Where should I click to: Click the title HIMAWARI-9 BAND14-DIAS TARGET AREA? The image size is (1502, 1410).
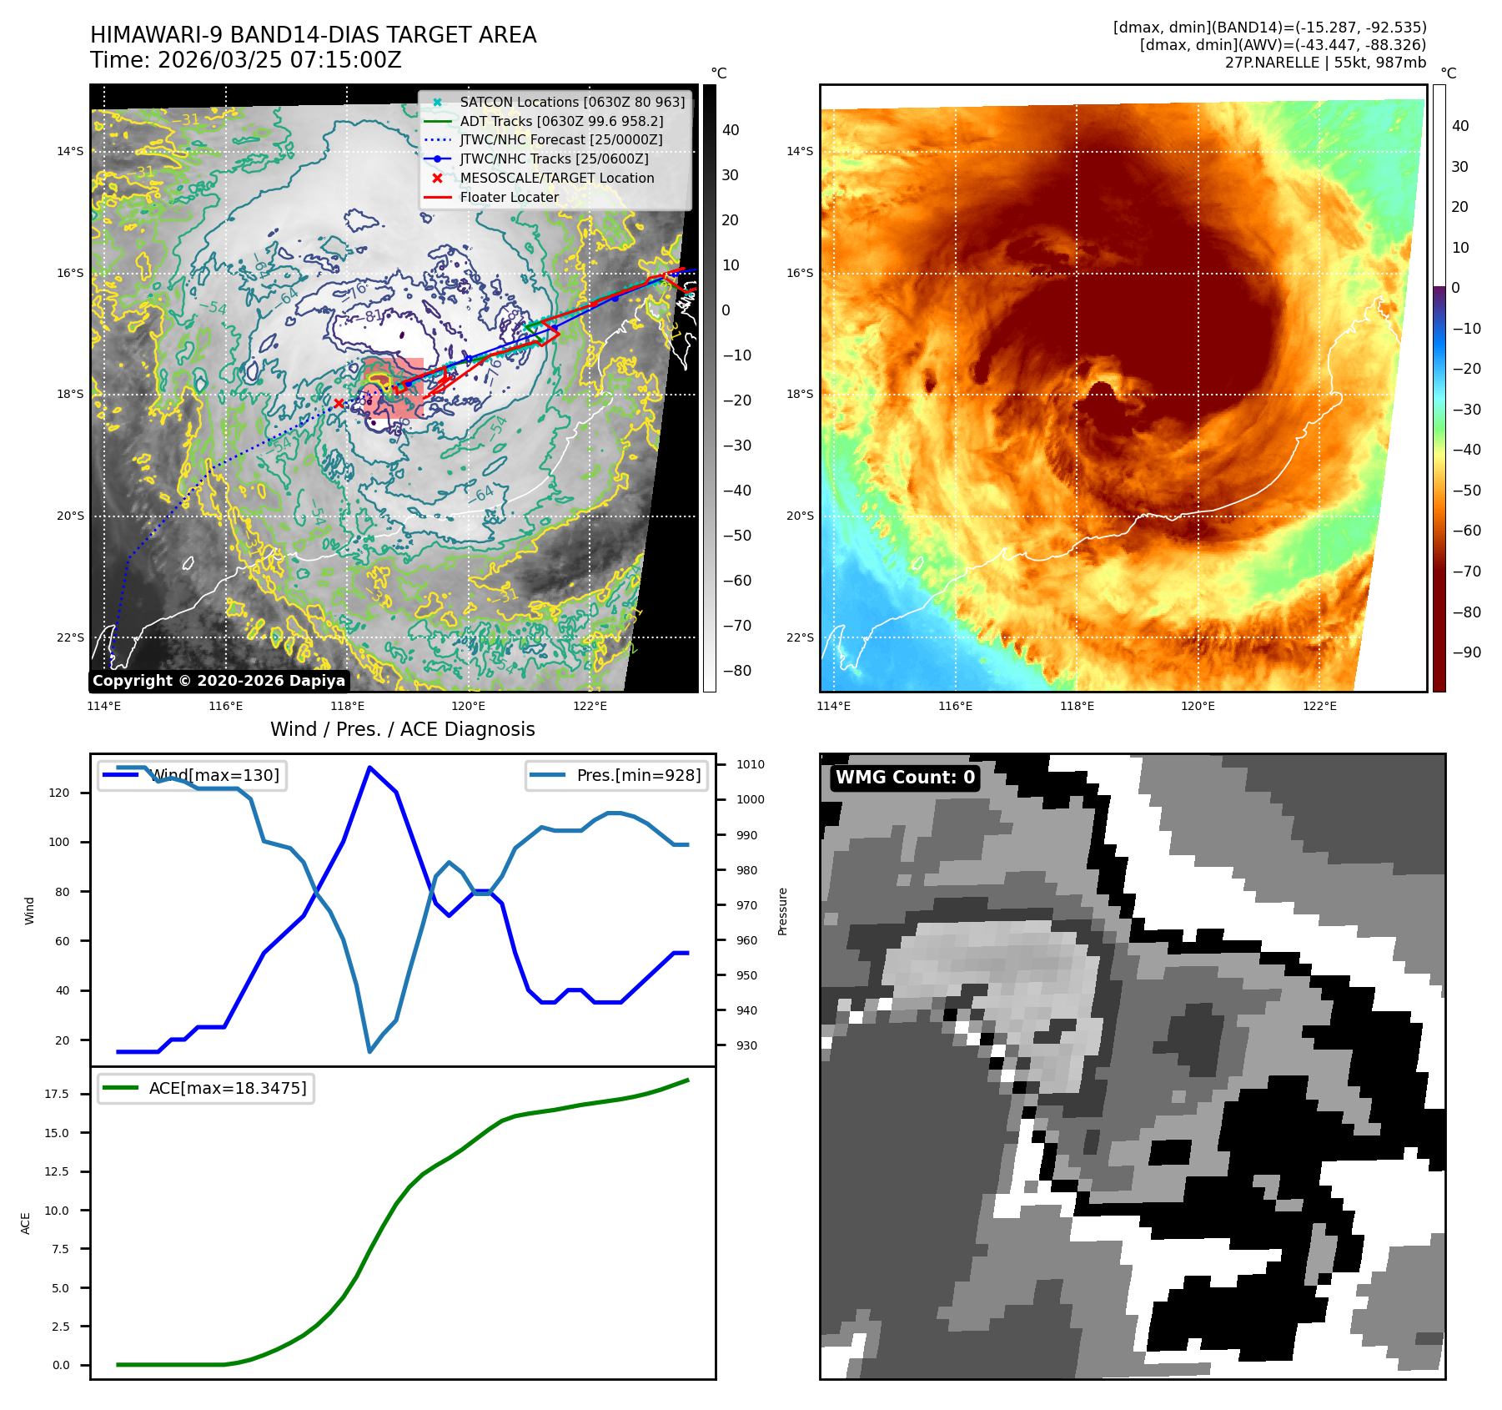click(x=313, y=35)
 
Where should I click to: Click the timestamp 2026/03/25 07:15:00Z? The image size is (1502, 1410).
click(x=279, y=60)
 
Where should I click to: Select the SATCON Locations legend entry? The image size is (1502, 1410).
click(x=572, y=102)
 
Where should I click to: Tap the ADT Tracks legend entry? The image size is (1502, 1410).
click(x=561, y=121)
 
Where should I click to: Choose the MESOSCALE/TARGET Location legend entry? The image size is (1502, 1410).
click(x=556, y=178)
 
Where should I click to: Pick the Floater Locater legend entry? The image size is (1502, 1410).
click(x=509, y=197)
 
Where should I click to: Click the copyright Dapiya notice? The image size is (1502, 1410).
click(x=219, y=681)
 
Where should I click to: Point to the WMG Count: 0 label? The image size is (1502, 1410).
click(x=905, y=778)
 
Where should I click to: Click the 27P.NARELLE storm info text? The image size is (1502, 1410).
click(x=1325, y=63)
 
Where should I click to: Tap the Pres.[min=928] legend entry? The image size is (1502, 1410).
click(x=638, y=775)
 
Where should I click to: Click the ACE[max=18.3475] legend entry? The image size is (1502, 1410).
click(x=227, y=1088)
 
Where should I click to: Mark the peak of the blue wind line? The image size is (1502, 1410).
click(x=369, y=768)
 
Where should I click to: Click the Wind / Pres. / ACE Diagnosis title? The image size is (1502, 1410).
click(x=402, y=729)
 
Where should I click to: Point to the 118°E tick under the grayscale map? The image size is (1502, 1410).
click(x=347, y=706)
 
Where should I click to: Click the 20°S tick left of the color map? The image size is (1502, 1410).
click(x=799, y=516)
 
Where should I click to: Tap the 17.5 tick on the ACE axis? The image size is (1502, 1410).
click(x=57, y=1094)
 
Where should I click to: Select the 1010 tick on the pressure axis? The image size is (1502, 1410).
click(x=750, y=764)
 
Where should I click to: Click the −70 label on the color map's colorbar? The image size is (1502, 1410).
click(x=1466, y=572)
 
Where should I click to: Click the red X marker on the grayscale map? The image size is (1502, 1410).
click(x=339, y=404)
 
